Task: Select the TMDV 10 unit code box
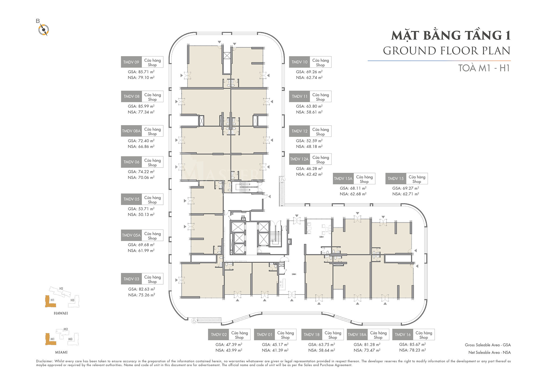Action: click(x=299, y=62)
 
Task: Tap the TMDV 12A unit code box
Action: click(x=299, y=159)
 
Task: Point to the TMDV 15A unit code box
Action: click(x=343, y=179)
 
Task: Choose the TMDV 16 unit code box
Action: click(x=403, y=335)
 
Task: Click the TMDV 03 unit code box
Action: click(x=131, y=279)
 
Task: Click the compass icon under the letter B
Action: click(x=43, y=30)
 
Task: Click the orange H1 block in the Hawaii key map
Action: click(x=50, y=302)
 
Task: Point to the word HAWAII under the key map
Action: click(x=61, y=313)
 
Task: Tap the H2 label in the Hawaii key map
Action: click(x=61, y=289)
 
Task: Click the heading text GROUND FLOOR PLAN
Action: click(x=447, y=51)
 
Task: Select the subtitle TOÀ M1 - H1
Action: click(x=484, y=68)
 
